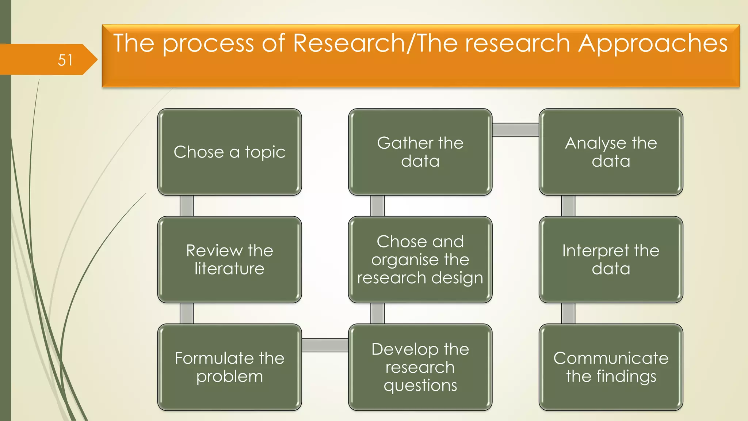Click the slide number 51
65,60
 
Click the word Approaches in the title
653,43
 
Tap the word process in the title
208,43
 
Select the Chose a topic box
229,152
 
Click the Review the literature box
229,259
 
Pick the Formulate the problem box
229,367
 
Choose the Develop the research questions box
420,367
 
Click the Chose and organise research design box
420,259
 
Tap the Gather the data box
420,152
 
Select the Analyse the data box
611,152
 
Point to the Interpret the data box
611,259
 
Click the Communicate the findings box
611,367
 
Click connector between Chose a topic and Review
187,206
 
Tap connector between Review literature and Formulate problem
187,313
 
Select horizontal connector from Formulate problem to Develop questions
325,345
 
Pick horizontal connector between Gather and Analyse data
515,130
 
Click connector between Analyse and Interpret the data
568,206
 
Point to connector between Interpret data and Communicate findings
568,313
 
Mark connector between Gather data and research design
377,206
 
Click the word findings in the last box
626,377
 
